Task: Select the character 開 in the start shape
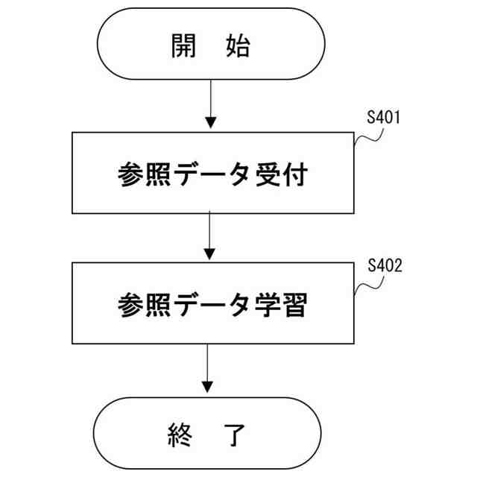183,46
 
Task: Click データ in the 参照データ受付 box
211,174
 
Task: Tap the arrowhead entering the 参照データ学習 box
211,255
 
